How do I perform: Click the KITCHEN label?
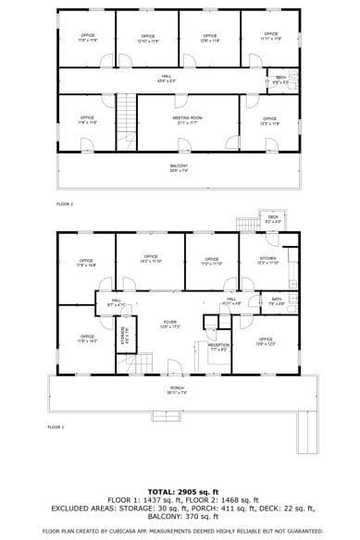pos(267,259)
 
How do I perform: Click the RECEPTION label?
pos(218,346)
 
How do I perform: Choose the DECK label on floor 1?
pos(273,219)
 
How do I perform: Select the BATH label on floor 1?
pos(277,300)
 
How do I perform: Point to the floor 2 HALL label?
pos(167,78)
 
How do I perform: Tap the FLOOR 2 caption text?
pos(65,203)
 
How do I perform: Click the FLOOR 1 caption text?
pos(56,427)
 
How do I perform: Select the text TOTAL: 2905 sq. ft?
pos(182,491)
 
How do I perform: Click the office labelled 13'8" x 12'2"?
pos(266,341)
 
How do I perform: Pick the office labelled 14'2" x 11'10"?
pos(150,259)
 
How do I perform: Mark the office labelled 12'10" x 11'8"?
pos(148,39)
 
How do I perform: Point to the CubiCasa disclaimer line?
pos(182,531)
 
